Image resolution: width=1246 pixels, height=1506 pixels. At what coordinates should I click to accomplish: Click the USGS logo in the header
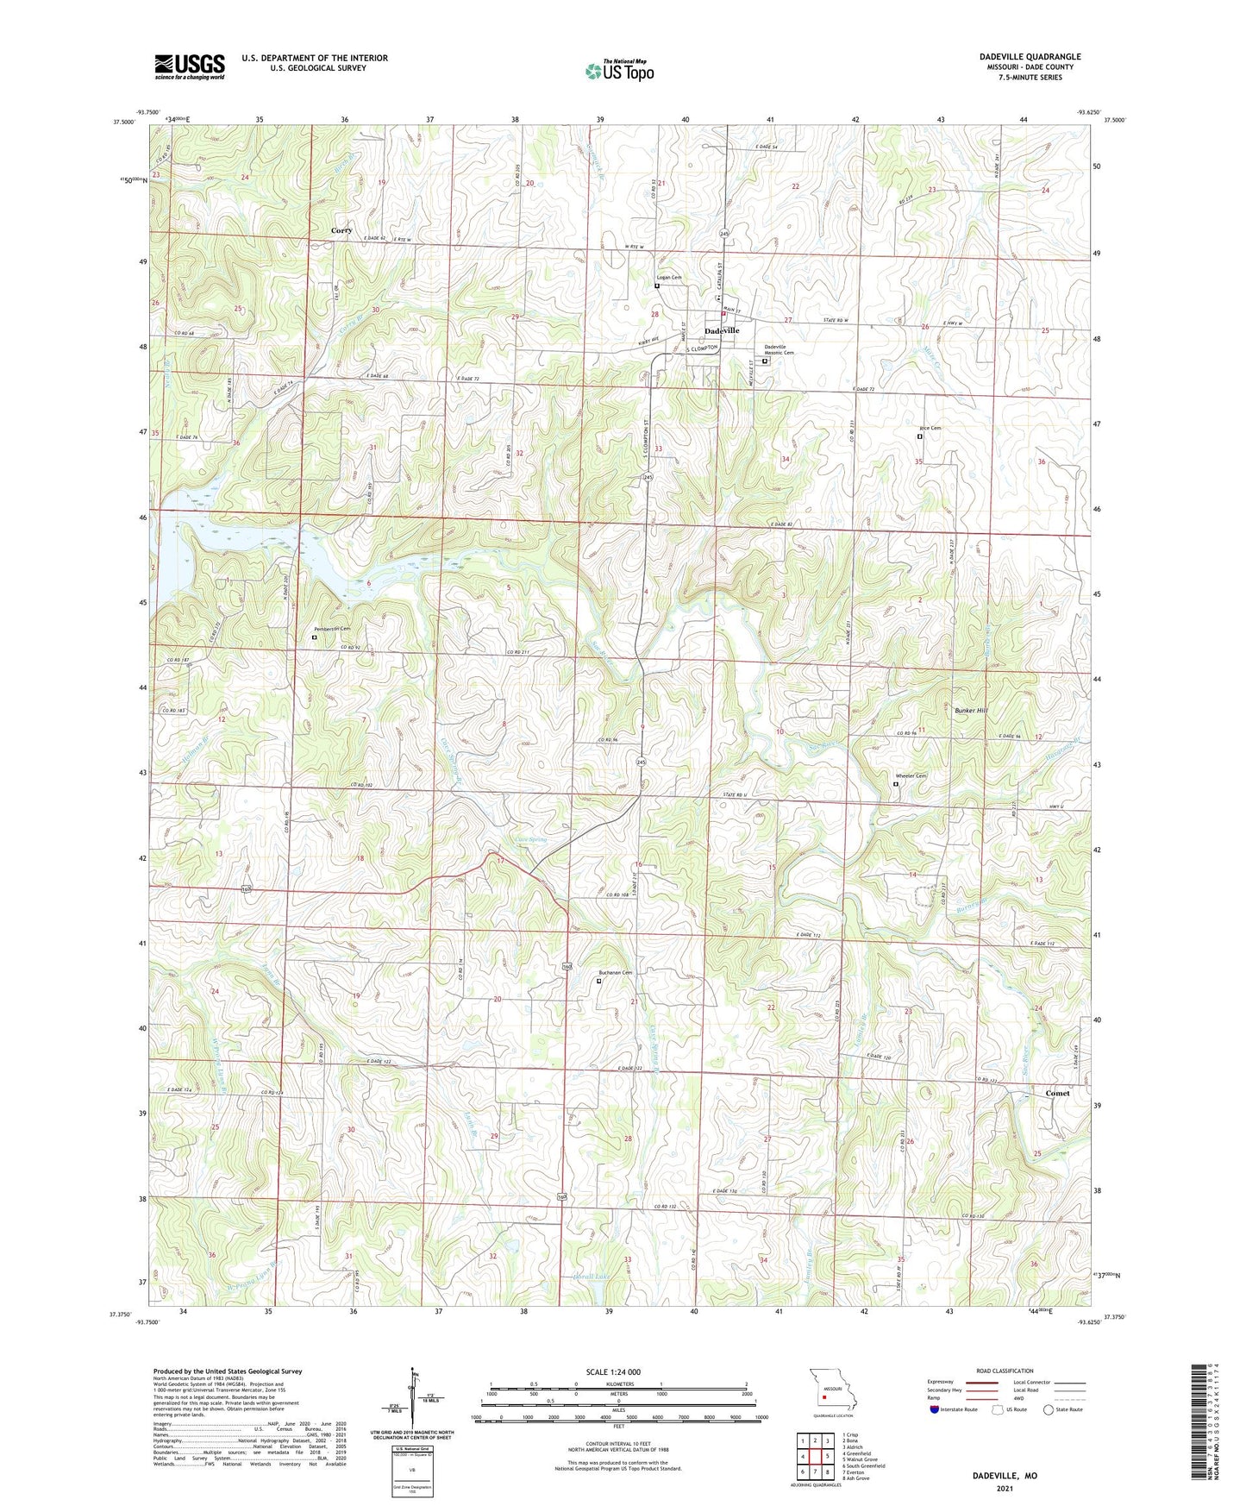tap(190, 66)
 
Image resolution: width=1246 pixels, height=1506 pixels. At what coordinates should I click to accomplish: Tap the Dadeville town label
tap(722, 331)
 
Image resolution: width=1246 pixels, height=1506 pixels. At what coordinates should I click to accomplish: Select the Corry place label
tap(341, 231)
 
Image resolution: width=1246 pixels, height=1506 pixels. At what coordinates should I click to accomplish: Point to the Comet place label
tap(1057, 1093)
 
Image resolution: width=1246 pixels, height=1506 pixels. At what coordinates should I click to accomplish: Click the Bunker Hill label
tap(971, 711)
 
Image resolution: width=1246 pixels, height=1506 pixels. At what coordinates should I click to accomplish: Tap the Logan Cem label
tap(669, 278)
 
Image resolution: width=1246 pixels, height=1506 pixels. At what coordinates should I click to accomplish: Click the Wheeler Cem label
tap(911, 776)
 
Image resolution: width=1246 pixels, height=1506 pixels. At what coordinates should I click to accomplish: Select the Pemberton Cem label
tap(333, 629)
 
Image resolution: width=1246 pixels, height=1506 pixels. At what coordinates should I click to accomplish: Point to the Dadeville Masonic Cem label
tap(779, 350)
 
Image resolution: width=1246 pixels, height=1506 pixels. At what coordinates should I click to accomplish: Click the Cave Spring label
tap(530, 839)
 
